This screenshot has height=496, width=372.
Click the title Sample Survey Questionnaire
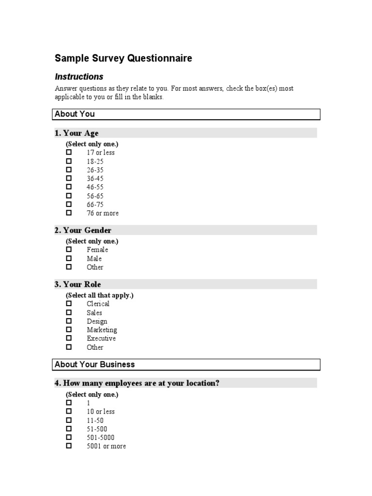click(x=123, y=59)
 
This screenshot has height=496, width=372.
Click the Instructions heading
click(x=79, y=77)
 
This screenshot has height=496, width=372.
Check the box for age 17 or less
click(x=69, y=152)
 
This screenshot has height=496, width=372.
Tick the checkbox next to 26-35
click(x=69, y=170)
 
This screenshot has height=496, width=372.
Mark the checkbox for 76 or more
click(x=69, y=213)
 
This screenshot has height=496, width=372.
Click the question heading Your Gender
click(x=83, y=230)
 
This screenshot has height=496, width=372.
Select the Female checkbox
click(x=69, y=249)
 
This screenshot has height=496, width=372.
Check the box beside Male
click(x=69, y=258)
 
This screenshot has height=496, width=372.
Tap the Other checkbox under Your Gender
click(x=69, y=267)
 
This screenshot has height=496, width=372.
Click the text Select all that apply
click(x=99, y=295)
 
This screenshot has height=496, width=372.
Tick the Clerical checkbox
click(x=69, y=304)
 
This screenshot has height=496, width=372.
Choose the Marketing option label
click(x=102, y=330)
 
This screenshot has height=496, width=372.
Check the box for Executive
click(x=69, y=338)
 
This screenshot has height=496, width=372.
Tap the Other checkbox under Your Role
click(x=69, y=347)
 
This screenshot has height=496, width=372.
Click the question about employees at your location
click(x=137, y=383)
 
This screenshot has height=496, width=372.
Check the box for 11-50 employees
click(x=69, y=420)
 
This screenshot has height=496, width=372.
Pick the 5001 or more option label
click(x=106, y=446)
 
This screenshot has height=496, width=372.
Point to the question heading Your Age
click(x=77, y=133)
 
